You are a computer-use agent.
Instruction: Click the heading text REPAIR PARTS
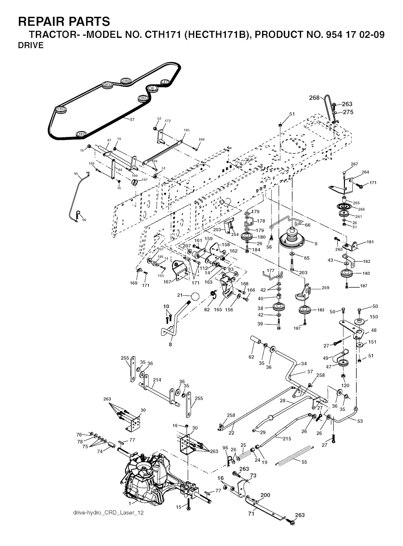[x=64, y=21]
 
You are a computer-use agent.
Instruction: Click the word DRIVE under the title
[x=31, y=45]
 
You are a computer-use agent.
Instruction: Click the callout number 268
[x=314, y=98]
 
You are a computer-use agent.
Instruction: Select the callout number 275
[x=348, y=112]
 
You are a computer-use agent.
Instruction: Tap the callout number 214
[x=157, y=380]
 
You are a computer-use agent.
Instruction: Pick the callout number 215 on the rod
[x=287, y=438]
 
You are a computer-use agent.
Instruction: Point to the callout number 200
[x=265, y=495]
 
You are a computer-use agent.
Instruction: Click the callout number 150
[x=373, y=317]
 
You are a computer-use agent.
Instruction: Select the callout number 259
[x=325, y=288]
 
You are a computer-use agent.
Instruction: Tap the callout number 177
[x=270, y=271]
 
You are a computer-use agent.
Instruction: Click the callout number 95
[x=76, y=173]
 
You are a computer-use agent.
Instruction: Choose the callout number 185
[x=187, y=130]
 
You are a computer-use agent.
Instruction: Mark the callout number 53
[x=360, y=421]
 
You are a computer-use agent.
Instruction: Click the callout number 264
[x=365, y=172]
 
